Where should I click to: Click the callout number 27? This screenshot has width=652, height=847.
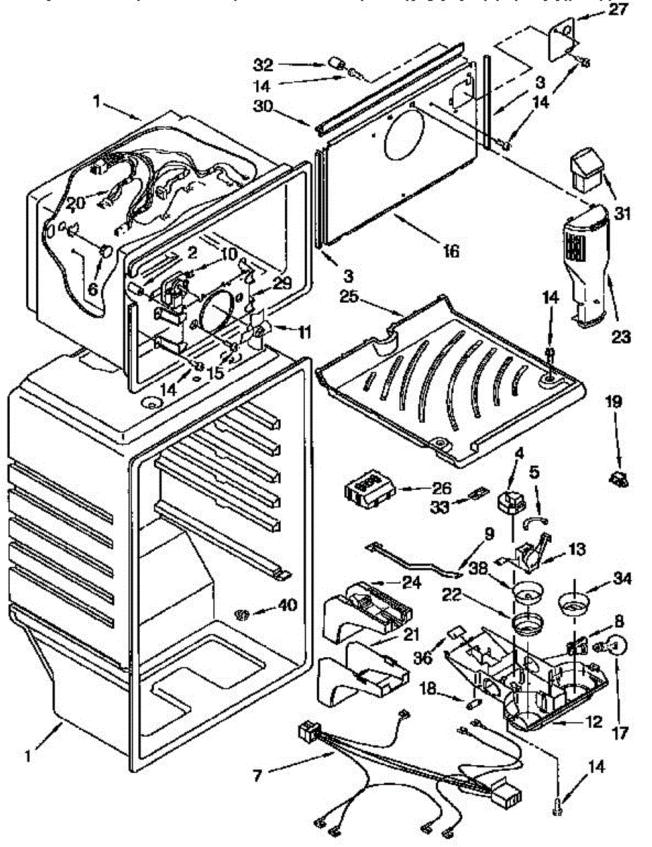coord(617,10)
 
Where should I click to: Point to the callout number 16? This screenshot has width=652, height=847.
coord(449,250)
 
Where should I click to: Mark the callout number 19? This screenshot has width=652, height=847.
coord(612,402)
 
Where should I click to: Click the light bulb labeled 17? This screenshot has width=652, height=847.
coord(614,644)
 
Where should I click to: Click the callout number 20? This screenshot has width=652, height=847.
coord(76,203)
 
